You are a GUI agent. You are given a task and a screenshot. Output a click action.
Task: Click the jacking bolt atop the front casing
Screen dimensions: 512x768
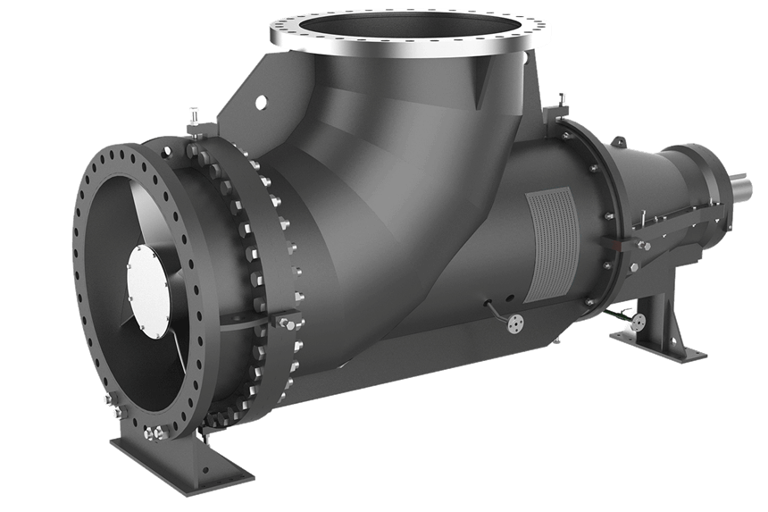(192, 117)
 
